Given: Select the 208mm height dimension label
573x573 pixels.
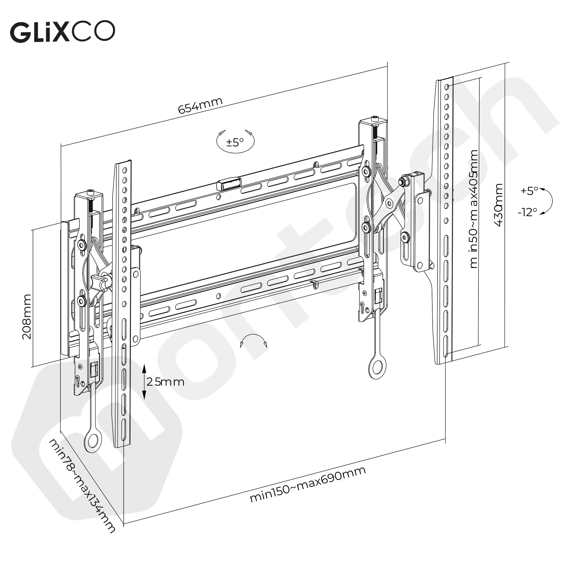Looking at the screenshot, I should tap(27, 317).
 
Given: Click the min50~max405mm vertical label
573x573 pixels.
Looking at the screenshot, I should tap(474, 209).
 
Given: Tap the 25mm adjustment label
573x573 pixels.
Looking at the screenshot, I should tap(166, 382).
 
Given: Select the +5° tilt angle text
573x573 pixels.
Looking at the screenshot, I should tap(529, 191).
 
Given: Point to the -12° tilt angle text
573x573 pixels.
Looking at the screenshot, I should tap(527, 212).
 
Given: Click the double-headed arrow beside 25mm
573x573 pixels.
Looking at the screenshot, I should tap(144, 382).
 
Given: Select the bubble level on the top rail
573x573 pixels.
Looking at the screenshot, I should tap(228, 184).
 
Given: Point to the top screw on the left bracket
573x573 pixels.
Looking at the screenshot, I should tap(91, 193).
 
